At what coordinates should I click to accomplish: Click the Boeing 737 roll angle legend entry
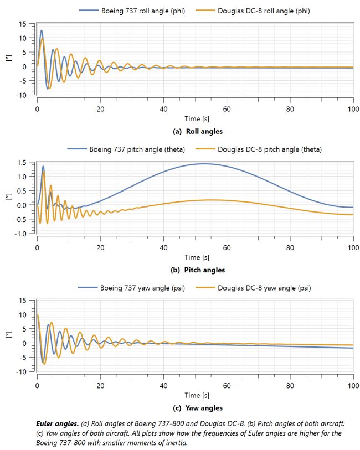pos(138,11)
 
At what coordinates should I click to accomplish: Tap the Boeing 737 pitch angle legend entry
pos(133,149)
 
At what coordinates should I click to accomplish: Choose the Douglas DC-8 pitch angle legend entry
pos(269,149)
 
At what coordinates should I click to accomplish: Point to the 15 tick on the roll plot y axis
pos(23,24)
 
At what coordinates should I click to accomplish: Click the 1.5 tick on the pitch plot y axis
pos(22,162)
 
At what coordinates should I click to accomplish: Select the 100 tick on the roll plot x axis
pos(352,108)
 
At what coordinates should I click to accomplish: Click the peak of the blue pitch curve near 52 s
pos(203,163)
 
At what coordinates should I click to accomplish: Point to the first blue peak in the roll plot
pos(41,30)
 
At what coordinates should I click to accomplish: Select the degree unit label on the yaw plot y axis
pos(8,335)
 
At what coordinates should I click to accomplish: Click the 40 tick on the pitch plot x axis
pos(163,247)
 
